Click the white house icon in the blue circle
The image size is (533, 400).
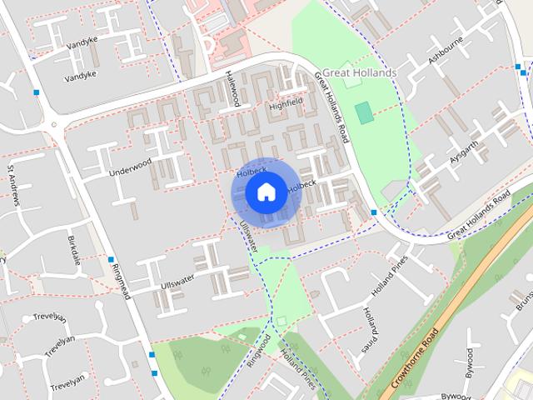[x=265, y=192]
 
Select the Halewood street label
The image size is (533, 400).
[x=232, y=87]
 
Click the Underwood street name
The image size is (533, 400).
[x=130, y=167]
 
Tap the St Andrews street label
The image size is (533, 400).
[x=15, y=185]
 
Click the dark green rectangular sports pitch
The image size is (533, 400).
[x=363, y=112]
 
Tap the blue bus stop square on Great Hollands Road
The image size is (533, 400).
[x=374, y=212]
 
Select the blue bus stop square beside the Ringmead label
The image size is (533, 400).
[x=111, y=259]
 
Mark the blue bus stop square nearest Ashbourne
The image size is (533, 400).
[x=522, y=72]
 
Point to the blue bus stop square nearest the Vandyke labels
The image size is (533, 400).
[x=37, y=92]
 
